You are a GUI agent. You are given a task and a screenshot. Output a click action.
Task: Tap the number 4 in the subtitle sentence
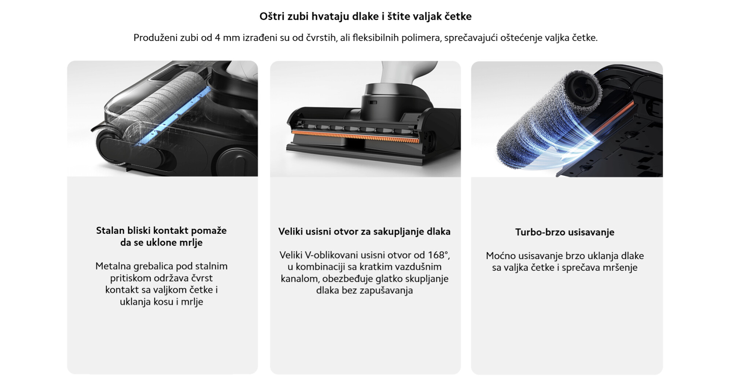click(217, 38)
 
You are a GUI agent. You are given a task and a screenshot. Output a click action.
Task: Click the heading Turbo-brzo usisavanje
click(565, 232)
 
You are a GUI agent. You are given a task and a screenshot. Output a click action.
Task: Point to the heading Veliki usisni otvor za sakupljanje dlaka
click(364, 232)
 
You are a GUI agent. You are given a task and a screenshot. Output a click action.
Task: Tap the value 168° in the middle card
click(439, 255)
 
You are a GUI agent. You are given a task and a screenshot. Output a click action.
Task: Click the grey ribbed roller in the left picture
click(161, 106)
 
